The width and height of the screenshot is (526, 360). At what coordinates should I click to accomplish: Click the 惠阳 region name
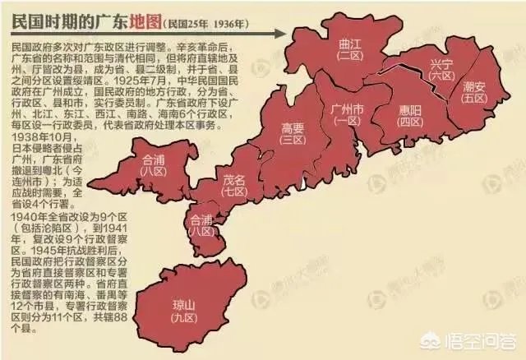click(x=404, y=113)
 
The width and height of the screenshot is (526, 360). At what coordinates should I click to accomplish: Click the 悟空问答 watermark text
click(x=488, y=344)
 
